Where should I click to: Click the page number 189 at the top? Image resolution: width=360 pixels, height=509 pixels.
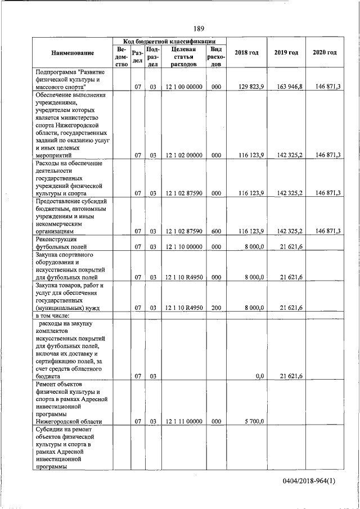[x=199, y=29]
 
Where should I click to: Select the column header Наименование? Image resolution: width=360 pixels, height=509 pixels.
[x=72, y=53]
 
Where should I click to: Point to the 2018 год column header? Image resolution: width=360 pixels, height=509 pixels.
[x=246, y=53]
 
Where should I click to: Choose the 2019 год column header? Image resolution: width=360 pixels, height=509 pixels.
[x=286, y=53]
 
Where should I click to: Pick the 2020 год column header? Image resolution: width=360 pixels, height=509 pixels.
[x=325, y=53]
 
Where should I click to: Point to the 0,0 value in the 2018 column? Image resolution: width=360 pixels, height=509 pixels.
[x=259, y=376]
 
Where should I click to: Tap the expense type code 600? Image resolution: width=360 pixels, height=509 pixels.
[x=216, y=231]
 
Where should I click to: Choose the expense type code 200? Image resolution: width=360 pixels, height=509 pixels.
[x=216, y=307]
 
